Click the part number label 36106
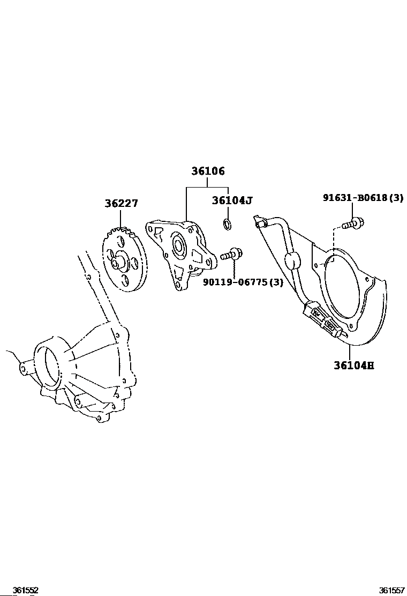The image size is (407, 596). (208, 171)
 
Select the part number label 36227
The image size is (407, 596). (121, 203)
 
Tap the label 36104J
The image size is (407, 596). (231, 200)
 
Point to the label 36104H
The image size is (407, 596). (354, 366)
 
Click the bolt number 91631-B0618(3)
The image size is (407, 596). (363, 198)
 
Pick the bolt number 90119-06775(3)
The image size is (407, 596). (243, 282)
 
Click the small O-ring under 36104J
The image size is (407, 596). (228, 224)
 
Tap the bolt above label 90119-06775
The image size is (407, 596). (231, 254)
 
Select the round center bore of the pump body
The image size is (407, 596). (178, 245)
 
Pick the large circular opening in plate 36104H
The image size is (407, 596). (342, 283)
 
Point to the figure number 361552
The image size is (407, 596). (26, 590)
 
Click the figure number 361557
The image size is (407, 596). (392, 590)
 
